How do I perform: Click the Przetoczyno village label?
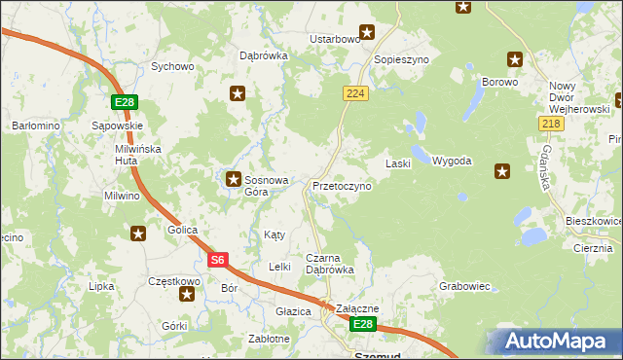pos(342,186)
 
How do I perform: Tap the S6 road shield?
pos(219,260)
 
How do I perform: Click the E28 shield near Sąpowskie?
pos(124,102)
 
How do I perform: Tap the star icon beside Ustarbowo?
pos(367,31)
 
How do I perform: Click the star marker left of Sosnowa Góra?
pos(234,179)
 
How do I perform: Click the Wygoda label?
pos(452,161)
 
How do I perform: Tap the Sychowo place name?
pos(172,67)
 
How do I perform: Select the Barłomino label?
pos(36,126)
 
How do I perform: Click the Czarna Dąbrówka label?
pos(329,264)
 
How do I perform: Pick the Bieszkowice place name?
pos(592,222)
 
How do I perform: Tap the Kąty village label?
pos(275,235)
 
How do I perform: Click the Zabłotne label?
pos(269,339)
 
